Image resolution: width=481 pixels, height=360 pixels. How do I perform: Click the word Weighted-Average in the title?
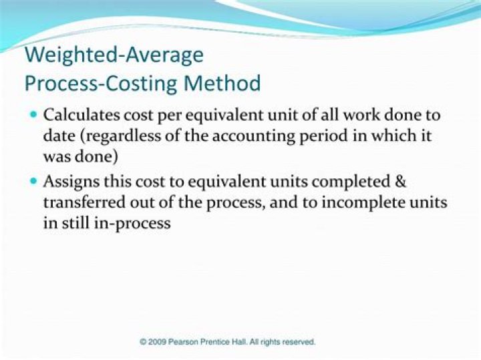[x=114, y=54]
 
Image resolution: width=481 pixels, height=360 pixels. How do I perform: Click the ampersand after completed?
[x=399, y=181]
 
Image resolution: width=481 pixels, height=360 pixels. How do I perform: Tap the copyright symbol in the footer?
[x=143, y=342]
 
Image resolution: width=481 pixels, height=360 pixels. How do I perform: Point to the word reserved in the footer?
[x=298, y=342]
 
